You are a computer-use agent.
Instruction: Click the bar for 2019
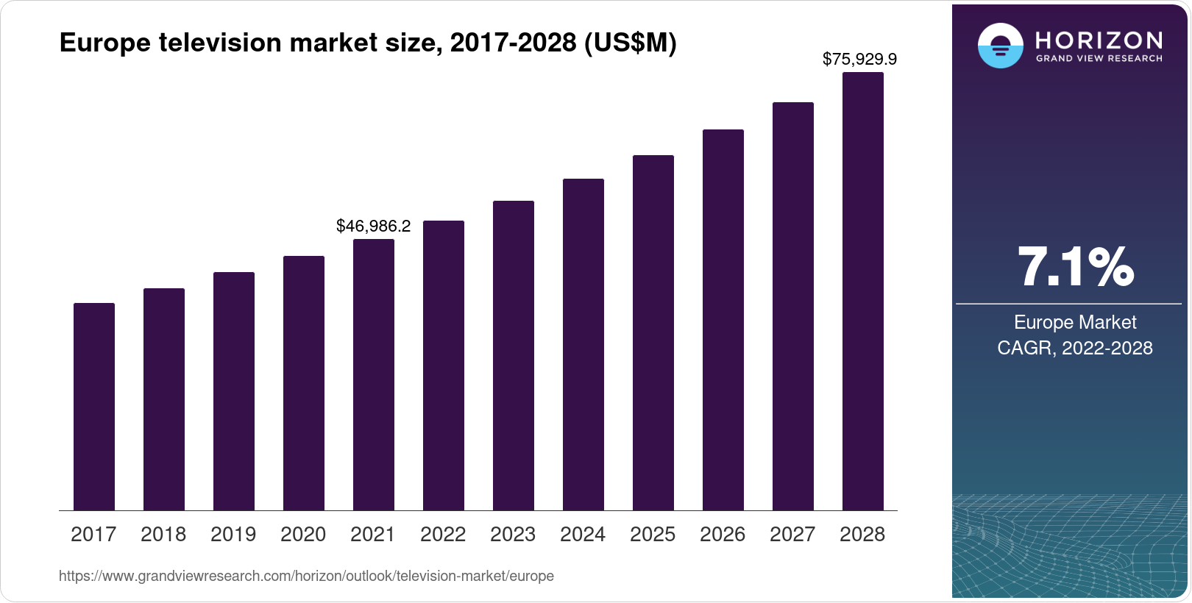point(234,391)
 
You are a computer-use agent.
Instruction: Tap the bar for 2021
point(374,375)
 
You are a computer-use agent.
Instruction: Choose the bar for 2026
point(723,320)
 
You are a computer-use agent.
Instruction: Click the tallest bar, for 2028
point(863,291)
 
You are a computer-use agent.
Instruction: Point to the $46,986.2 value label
point(373,226)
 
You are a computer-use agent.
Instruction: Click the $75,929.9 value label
point(859,59)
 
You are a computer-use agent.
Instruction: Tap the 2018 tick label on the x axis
point(163,535)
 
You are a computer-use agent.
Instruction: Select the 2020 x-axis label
point(303,535)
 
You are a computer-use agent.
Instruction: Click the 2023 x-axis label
point(513,535)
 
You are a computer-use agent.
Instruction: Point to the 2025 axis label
point(653,535)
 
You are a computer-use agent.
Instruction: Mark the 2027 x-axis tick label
point(792,535)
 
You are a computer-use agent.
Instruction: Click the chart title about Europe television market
point(367,43)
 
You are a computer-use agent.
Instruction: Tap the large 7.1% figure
point(1075,267)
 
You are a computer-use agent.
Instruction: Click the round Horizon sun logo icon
point(1000,46)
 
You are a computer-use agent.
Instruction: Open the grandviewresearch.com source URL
point(306,577)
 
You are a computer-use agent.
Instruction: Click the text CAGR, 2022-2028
point(1074,348)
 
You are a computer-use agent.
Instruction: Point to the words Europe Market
point(1075,322)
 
